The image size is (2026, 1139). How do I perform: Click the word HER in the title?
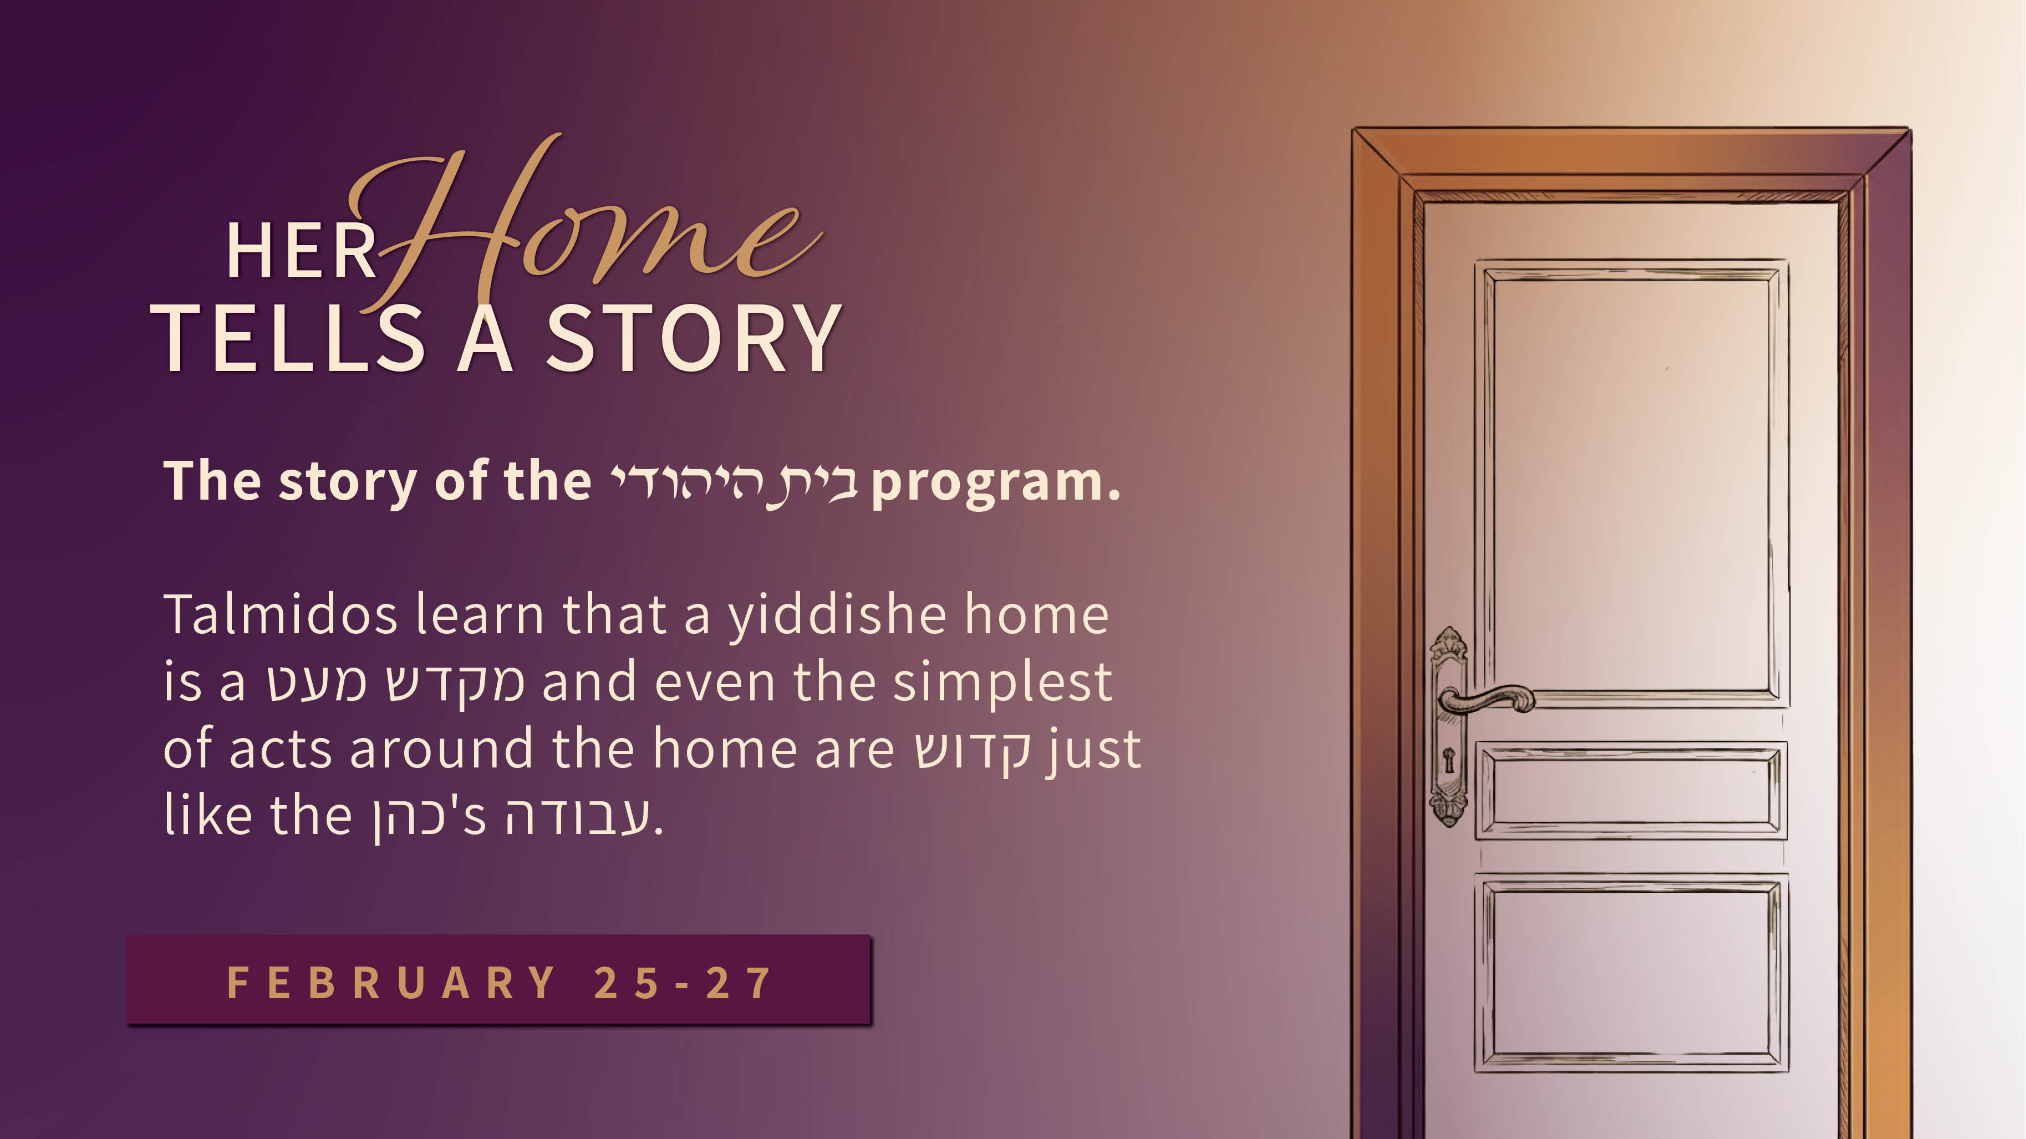click(301, 251)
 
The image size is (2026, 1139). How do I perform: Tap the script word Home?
click(586, 224)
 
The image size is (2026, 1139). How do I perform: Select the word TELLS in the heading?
click(288, 338)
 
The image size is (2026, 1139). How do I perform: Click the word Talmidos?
click(280, 614)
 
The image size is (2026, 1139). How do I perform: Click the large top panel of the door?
click(1631, 483)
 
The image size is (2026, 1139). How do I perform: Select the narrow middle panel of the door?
click(1631, 790)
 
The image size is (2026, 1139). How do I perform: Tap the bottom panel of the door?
click(1631, 972)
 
